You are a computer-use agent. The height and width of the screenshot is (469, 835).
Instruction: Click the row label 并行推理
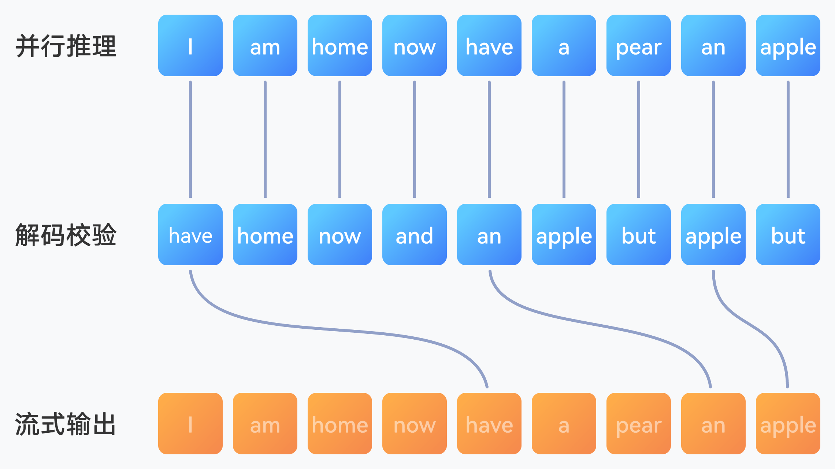66,46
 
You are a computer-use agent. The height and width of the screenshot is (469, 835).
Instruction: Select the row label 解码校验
66,235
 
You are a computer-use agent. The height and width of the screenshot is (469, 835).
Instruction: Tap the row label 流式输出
66,424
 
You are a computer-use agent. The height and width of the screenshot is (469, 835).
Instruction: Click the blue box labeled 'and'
415,234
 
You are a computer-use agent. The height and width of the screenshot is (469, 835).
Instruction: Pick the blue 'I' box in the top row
190,45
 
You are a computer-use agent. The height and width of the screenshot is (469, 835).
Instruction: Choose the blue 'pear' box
639,45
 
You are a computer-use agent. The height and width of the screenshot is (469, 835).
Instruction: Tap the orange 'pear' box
639,424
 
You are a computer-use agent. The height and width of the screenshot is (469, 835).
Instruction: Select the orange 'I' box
190,424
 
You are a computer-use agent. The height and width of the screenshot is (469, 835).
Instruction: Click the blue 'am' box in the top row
265,45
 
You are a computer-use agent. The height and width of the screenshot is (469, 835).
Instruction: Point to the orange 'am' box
265,424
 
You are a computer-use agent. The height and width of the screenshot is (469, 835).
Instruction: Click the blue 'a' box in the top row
564,45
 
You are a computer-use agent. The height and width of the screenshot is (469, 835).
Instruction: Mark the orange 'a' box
564,424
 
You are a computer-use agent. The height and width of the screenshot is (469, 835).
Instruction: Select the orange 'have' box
489,424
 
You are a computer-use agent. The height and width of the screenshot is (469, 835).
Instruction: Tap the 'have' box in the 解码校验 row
190,234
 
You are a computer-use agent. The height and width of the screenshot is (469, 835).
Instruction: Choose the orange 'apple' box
788,424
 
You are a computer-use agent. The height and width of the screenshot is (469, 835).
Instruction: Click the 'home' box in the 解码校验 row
265,234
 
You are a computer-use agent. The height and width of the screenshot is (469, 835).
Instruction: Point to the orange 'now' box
415,424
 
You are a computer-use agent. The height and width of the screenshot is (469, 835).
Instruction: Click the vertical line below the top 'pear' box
639,139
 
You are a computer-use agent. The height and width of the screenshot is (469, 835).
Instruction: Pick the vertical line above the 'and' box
415,139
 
